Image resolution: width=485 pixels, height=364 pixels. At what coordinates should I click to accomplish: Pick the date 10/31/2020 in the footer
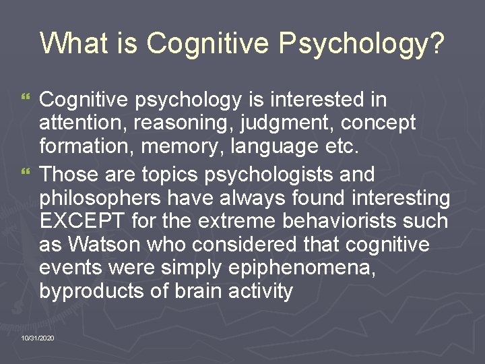tap(38, 337)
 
